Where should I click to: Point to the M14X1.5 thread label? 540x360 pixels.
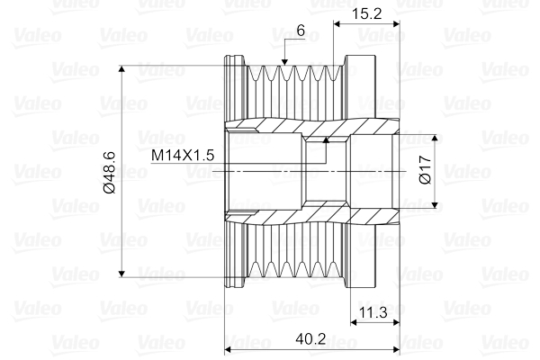pos(182,155)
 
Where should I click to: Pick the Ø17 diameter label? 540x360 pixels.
pos(426,171)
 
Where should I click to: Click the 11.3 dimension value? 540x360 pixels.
pos(373,313)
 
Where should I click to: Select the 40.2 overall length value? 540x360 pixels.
pos(311,341)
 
